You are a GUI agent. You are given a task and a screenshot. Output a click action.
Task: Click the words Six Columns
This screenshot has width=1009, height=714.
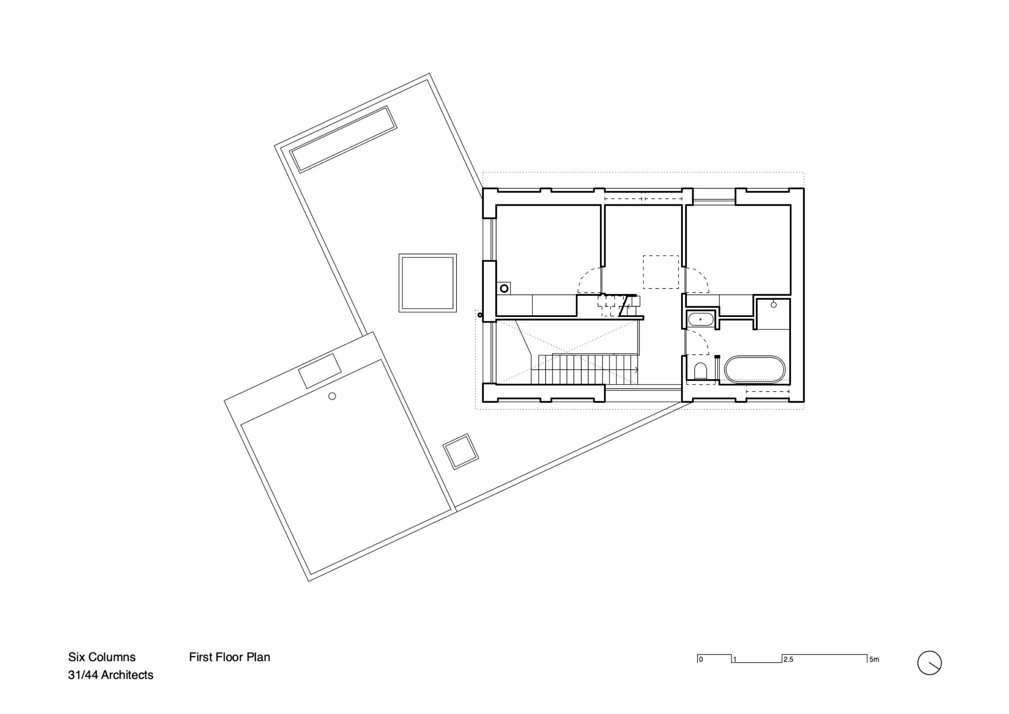point(102,657)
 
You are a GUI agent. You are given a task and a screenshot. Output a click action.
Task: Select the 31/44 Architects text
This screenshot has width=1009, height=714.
point(110,675)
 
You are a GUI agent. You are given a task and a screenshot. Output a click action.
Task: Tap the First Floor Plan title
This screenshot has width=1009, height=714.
point(230,657)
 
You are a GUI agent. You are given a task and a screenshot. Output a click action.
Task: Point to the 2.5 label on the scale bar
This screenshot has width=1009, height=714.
point(788,660)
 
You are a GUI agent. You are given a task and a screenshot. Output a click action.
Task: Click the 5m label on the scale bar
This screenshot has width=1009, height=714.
point(874,660)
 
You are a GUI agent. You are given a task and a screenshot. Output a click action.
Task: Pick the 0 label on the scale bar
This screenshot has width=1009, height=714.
point(701,660)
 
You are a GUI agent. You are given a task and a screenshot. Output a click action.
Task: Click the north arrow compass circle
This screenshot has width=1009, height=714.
point(929,663)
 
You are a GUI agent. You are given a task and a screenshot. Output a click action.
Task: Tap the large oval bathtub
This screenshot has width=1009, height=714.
point(755,370)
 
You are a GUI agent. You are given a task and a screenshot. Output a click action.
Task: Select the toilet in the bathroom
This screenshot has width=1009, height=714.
point(700,371)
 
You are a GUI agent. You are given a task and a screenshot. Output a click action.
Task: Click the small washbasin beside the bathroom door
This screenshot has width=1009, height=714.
point(701,319)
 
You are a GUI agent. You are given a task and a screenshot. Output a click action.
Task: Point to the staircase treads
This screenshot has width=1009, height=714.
point(585,369)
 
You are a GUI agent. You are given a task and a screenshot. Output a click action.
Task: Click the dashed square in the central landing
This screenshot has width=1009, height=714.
point(660,272)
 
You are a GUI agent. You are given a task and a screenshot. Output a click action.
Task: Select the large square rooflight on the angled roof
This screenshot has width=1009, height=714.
point(427,283)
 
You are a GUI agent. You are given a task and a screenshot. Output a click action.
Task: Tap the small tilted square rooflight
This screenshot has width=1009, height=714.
point(460,452)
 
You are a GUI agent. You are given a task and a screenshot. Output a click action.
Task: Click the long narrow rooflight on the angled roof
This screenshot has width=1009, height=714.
point(343,139)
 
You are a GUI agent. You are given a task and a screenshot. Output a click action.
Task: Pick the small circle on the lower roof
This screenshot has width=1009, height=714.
point(332,396)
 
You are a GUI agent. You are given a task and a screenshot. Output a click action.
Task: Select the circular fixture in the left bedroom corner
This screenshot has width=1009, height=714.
point(503,289)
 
